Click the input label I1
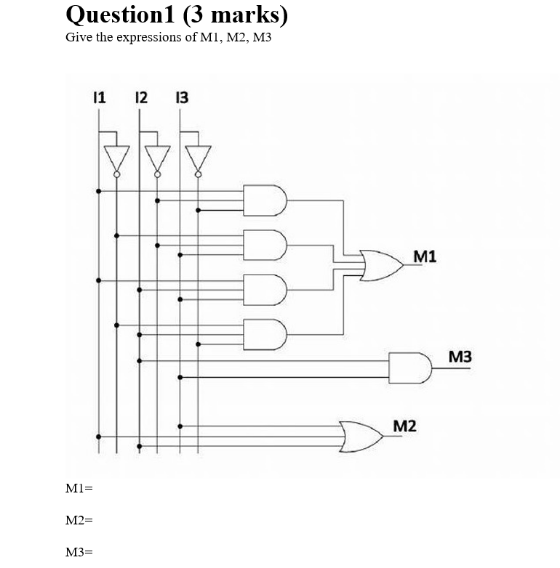tap(100, 97)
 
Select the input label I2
tap(141, 97)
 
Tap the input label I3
tap(182, 97)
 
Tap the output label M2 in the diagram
tap(405, 425)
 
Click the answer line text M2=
tap(79, 520)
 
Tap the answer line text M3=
tap(79, 552)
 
